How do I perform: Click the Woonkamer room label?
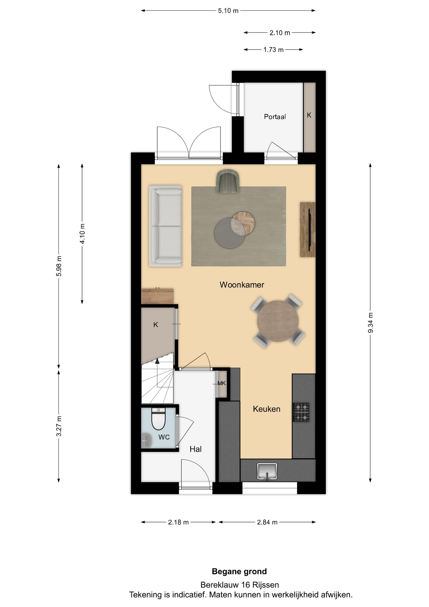pos(242,285)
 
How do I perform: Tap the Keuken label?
pos(267,409)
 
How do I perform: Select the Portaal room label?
pos(275,117)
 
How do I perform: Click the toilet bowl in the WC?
pos(159,419)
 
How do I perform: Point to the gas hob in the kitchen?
pos(301,412)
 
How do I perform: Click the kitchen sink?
pos(267,471)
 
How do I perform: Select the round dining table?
pos(278,321)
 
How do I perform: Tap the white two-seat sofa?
pos(165,226)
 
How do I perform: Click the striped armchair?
pos(227,181)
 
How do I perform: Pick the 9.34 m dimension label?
pos(371,322)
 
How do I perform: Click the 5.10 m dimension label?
pos(228,11)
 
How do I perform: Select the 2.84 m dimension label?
pos(267,522)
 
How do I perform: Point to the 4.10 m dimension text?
pos(82,234)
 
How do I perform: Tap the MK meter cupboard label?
pos(221,383)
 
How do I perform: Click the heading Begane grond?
pos(239,572)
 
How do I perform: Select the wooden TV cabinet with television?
pos(308,230)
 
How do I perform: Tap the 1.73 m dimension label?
pos(274,50)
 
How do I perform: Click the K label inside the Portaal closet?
pos(309,115)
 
